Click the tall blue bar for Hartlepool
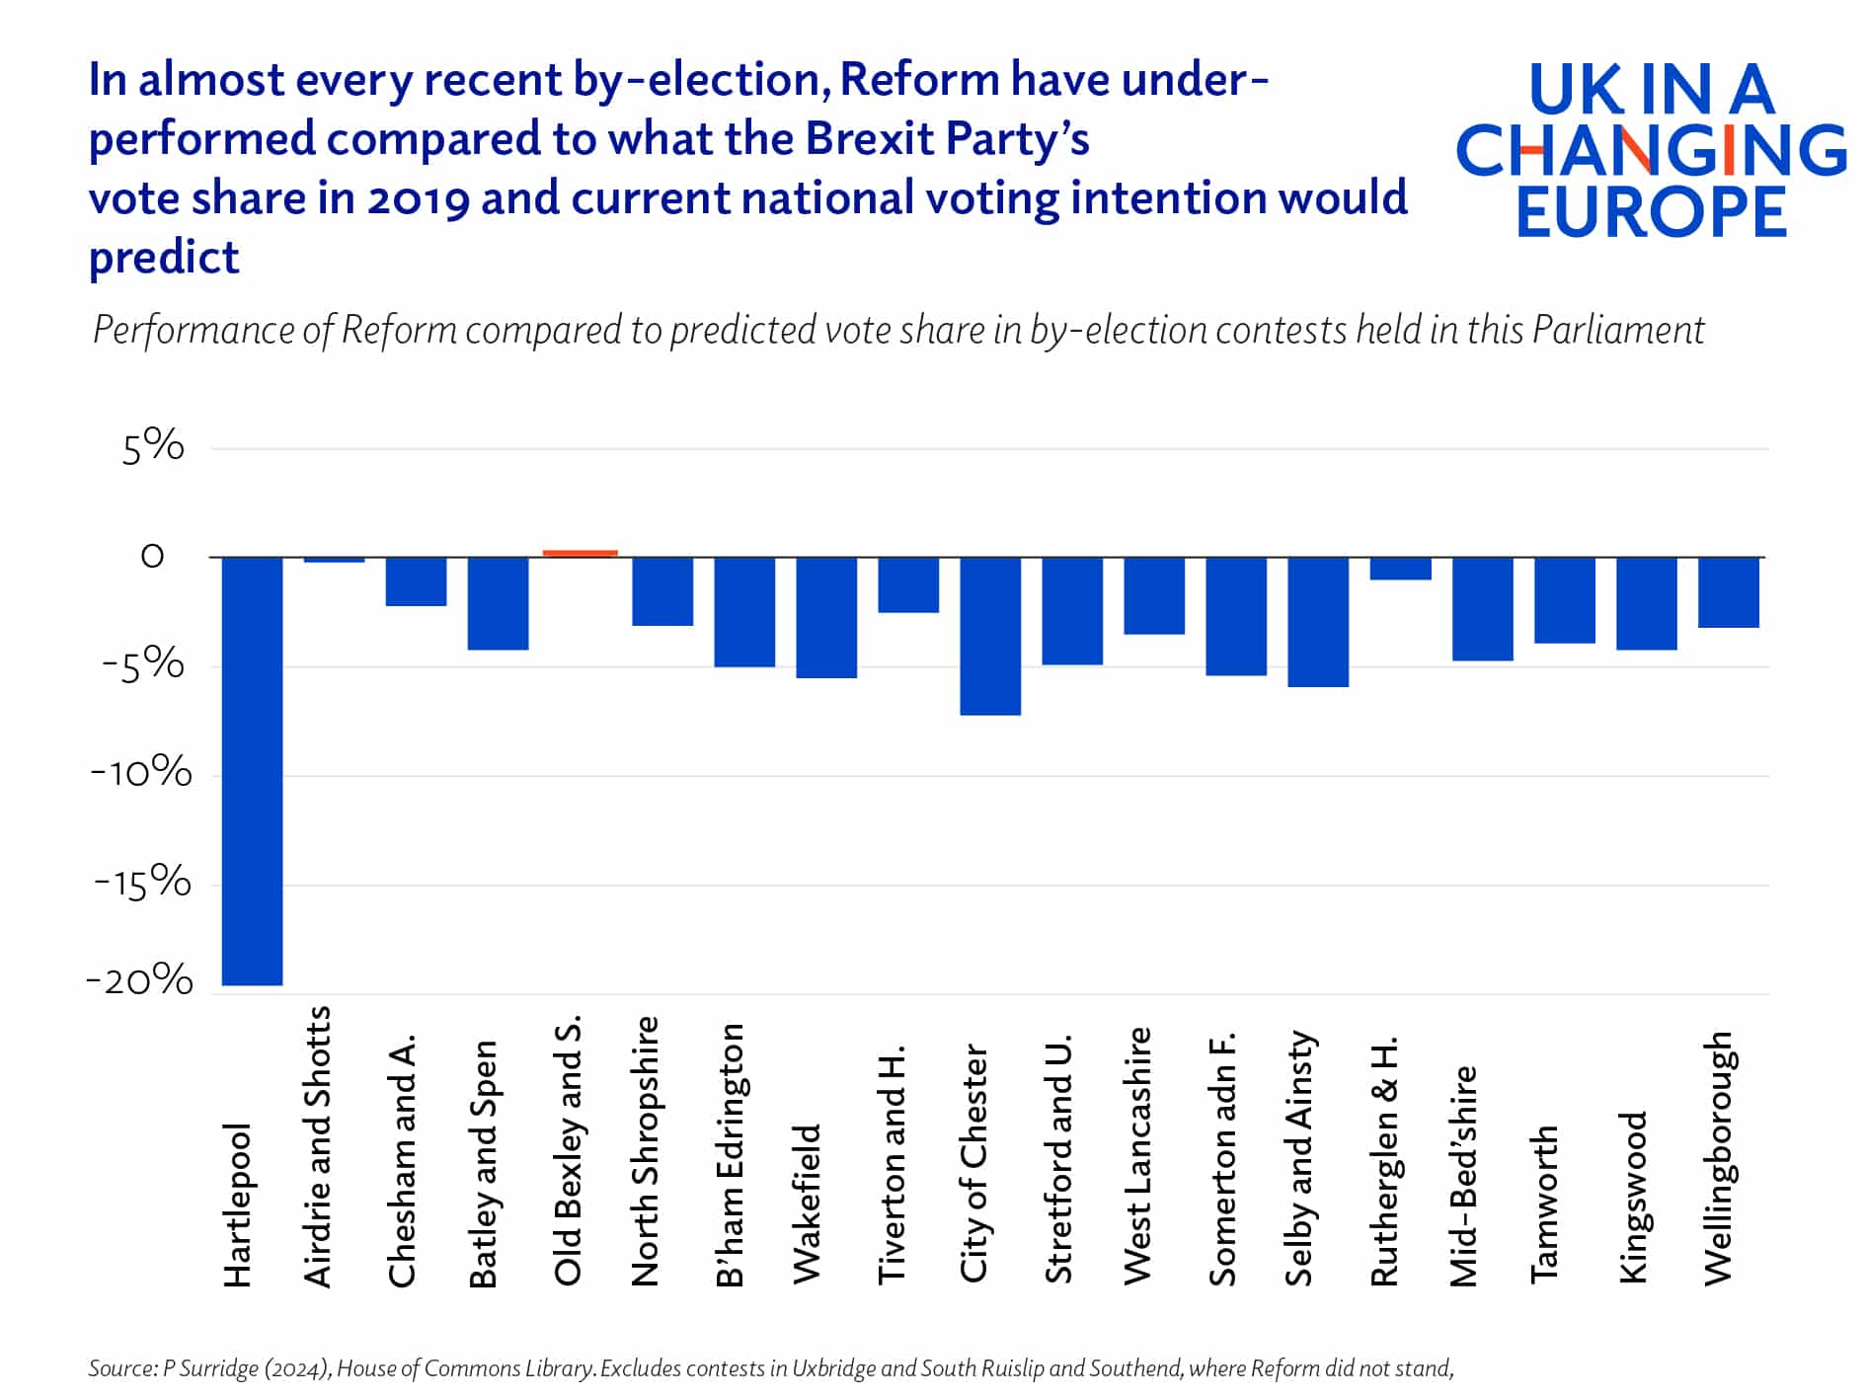coord(252,770)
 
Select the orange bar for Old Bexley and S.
coord(580,553)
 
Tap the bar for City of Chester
coord(990,636)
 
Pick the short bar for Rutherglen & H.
coord(1400,569)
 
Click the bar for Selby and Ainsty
coord(1318,622)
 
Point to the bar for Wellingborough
coord(1729,592)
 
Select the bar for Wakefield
coord(826,618)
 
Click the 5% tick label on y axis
coord(153,447)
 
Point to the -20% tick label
coord(140,980)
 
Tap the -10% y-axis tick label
coord(142,772)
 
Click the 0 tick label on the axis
coord(152,557)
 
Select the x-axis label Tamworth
coord(1544,1204)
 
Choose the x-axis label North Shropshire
coord(645,1151)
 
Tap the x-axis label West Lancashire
coord(1137,1156)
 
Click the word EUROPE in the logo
coord(1651,212)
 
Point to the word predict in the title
coord(164,259)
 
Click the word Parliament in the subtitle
coord(1618,330)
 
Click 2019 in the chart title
coord(418,198)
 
